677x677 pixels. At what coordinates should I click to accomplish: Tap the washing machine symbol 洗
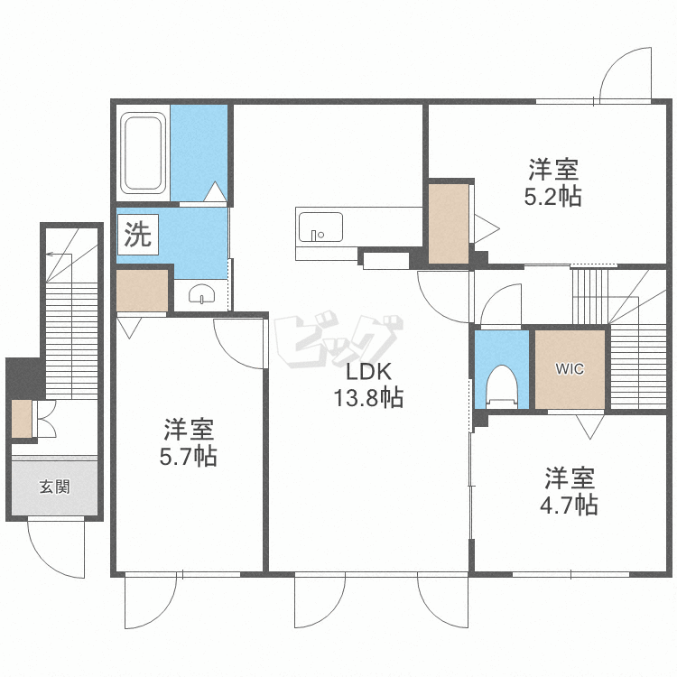138,234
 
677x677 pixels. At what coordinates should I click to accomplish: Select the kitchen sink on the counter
320,227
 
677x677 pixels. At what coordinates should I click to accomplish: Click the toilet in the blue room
502,386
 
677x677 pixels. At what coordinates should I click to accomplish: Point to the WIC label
570,369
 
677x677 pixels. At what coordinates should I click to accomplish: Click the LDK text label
368,371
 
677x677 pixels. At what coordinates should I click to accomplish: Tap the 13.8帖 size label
368,397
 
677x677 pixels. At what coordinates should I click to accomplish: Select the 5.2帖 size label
552,197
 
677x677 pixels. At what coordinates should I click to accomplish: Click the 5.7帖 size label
189,456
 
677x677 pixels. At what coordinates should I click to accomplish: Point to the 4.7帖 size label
569,505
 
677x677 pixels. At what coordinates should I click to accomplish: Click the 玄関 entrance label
54,487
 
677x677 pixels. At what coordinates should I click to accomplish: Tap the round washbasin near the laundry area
202,293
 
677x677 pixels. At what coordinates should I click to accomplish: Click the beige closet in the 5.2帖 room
449,224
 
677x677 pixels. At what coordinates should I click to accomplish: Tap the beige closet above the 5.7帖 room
142,290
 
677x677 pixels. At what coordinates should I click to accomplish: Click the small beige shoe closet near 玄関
22,419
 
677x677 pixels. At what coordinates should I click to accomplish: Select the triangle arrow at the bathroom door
215,191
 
